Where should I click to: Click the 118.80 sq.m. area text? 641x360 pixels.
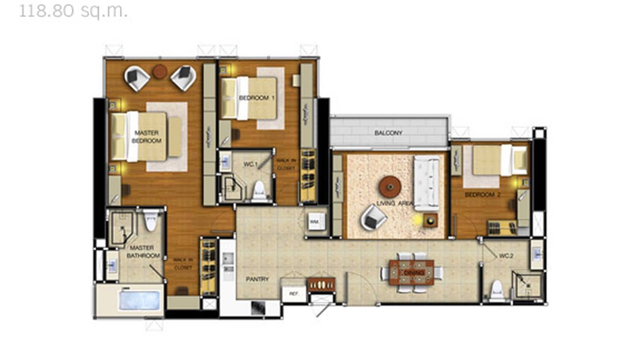[x=73, y=11]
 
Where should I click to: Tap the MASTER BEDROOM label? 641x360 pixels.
[x=147, y=137]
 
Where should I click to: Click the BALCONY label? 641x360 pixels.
[x=388, y=133]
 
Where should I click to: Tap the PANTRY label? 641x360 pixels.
[x=257, y=279]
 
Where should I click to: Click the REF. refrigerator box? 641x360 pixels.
[x=293, y=294]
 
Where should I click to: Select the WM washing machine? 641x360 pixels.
[x=315, y=222]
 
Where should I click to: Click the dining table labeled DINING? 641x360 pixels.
[x=411, y=273]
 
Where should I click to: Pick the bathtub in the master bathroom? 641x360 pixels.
[x=139, y=300]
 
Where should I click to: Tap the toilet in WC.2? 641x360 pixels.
[x=497, y=290]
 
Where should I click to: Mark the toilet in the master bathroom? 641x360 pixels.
[x=151, y=221]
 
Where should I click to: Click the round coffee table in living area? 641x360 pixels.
[x=390, y=186]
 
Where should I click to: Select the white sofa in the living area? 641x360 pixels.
[x=426, y=183]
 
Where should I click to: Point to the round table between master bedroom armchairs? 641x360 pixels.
[x=160, y=72]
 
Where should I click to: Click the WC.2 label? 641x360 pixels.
[x=506, y=256]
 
